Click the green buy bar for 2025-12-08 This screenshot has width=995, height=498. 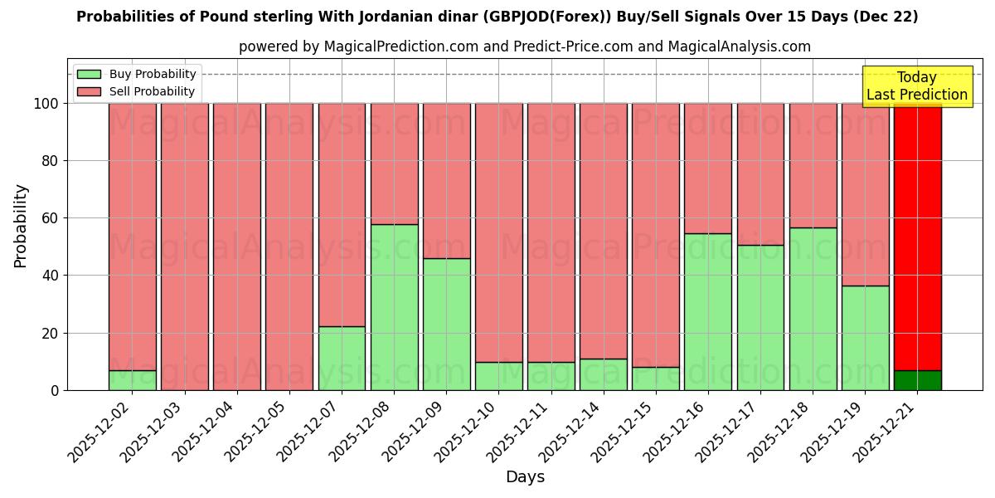click(x=394, y=307)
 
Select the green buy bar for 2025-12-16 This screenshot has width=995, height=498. click(x=708, y=311)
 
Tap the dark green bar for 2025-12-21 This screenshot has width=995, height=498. click(x=918, y=380)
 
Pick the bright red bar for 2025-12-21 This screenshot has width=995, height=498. click(x=918, y=237)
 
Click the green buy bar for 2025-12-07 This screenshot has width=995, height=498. click(x=342, y=358)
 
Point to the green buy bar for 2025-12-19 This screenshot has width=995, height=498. click(x=865, y=338)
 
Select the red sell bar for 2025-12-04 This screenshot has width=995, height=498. click(x=237, y=247)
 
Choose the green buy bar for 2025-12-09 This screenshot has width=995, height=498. click(x=446, y=324)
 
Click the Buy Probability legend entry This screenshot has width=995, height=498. click(x=137, y=75)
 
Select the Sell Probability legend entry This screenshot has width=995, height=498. click(x=137, y=92)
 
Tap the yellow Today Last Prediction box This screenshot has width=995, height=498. click(x=917, y=86)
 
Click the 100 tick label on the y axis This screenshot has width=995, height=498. click(x=45, y=104)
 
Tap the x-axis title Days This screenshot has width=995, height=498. click(x=525, y=477)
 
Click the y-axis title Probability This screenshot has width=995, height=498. click(x=21, y=226)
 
